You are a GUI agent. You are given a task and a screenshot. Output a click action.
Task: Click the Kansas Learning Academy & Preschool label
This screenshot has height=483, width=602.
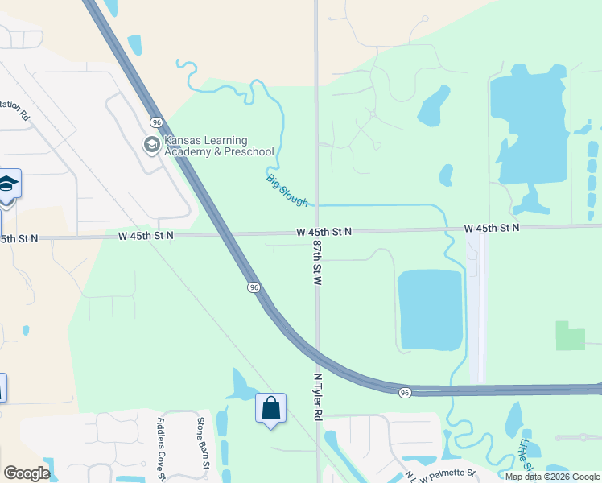coord(219,146)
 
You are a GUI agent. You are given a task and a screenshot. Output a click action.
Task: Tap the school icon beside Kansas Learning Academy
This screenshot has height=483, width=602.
coord(150,145)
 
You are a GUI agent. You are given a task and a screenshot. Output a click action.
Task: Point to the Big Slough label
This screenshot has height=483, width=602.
coord(287,189)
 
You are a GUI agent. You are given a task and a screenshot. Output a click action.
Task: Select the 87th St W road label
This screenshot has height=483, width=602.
coord(317,263)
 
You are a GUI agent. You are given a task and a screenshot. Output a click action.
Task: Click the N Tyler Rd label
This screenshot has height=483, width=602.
coord(317,396)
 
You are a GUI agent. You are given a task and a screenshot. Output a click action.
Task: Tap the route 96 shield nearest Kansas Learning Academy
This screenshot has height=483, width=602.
coord(155,122)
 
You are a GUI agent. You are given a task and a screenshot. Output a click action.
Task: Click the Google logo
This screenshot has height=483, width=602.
coord(27,473)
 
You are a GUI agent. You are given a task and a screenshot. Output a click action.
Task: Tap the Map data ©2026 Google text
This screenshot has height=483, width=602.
coord(553,477)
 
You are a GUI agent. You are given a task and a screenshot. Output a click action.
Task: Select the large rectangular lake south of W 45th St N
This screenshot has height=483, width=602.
coord(431,310)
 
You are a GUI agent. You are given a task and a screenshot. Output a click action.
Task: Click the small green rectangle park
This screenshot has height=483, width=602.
coord(571,336)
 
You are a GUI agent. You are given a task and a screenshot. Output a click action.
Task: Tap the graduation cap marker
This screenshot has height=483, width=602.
coord(8,186)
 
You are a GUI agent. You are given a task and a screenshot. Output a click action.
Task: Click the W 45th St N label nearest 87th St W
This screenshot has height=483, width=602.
coord(324,232)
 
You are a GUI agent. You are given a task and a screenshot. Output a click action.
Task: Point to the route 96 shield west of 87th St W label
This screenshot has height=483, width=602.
coord(254,287)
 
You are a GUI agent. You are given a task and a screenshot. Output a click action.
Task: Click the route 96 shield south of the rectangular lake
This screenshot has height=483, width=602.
coord(404,392)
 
